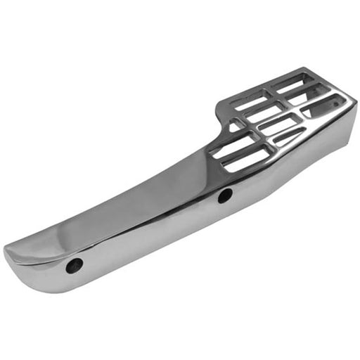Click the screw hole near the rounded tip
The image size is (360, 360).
[75, 265]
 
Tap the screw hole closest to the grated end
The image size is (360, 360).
[224, 196]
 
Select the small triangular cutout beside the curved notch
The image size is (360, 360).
[235, 125]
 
